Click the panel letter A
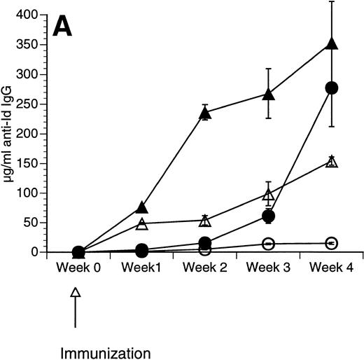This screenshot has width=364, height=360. click(68, 29)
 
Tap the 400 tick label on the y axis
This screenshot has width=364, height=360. click(27, 15)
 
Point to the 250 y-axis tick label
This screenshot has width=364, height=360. click(27, 104)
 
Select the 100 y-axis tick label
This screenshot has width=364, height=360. click(27, 193)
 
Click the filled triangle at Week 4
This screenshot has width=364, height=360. click(332, 44)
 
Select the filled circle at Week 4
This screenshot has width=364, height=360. click(332, 88)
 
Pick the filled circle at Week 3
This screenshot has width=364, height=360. click(268, 216)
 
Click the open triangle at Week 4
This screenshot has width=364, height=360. click(332, 162)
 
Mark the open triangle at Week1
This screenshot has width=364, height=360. click(141, 223)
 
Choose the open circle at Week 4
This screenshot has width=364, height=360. click(332, 243)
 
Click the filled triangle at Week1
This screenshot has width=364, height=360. click(141, 207)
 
